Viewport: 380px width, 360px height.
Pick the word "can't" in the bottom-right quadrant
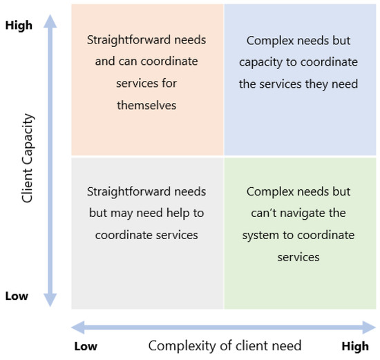(x=259, y=213)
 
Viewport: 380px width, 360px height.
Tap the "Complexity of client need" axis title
(x=225, y=345)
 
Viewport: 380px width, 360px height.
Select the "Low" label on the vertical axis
(x=17, y=296)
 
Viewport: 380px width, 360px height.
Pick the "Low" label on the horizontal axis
(x=85, y=346)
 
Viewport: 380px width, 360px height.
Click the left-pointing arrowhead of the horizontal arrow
(x=77, y=326)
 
